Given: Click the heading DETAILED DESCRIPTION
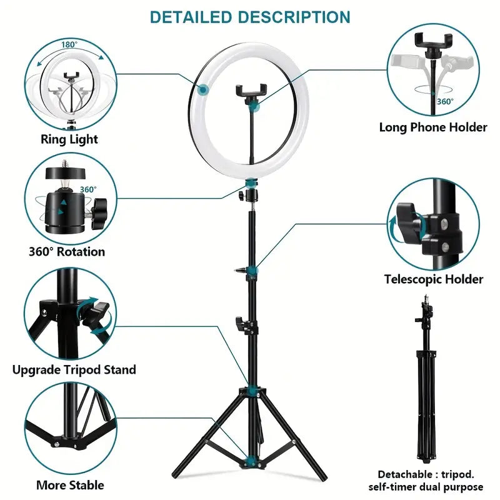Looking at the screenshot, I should point(250,17).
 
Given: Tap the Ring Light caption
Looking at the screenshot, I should point(69,139).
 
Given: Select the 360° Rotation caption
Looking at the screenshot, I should point(67,252).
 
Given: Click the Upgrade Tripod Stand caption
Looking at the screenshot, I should point(74,369).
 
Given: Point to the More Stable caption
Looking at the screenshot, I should point(70,484).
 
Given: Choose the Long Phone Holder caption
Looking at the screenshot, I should point(433,127).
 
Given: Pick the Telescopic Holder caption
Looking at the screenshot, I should point(433,279).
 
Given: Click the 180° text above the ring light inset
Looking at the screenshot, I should point(69,45).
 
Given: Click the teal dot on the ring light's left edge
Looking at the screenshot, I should point(202,91).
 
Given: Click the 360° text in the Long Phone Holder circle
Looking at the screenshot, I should point(445,101).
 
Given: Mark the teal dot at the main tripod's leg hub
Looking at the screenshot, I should point(251,391).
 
